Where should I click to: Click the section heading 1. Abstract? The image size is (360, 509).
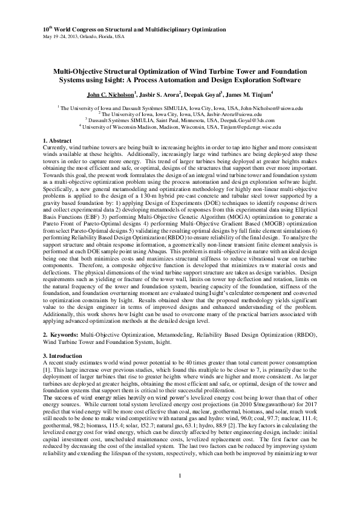tap(58, 140)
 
